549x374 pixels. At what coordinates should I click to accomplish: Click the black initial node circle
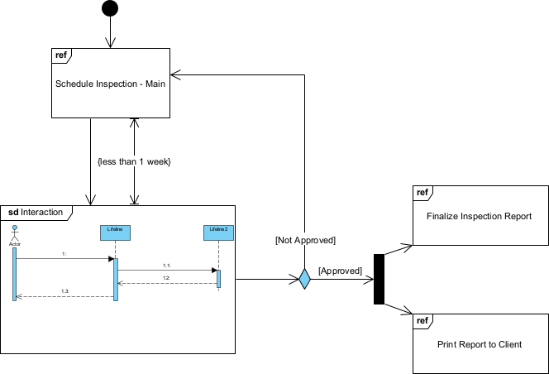[109, 8]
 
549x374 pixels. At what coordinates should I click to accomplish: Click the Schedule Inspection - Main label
[111, 84]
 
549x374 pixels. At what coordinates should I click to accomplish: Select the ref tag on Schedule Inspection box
[61, 56]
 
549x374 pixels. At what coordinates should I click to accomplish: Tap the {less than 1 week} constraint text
[134, 161]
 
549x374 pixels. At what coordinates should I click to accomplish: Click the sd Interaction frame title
[36, 213]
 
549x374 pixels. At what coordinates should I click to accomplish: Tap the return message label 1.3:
[64, 290]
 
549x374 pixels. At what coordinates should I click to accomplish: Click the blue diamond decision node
[304, 279]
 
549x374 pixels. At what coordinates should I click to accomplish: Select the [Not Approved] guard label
[305, 240]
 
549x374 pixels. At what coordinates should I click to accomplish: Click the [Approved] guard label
[340, 271]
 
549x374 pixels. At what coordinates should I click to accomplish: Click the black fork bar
[379, 279]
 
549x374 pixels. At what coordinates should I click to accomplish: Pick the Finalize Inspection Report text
[479, 217]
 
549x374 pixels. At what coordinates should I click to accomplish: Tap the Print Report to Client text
[480, 344]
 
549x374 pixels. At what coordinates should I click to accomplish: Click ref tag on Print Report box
[422, 320]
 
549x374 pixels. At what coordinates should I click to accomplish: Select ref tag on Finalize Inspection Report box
[422, 193]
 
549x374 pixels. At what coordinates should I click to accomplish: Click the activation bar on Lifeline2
[219, 278]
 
